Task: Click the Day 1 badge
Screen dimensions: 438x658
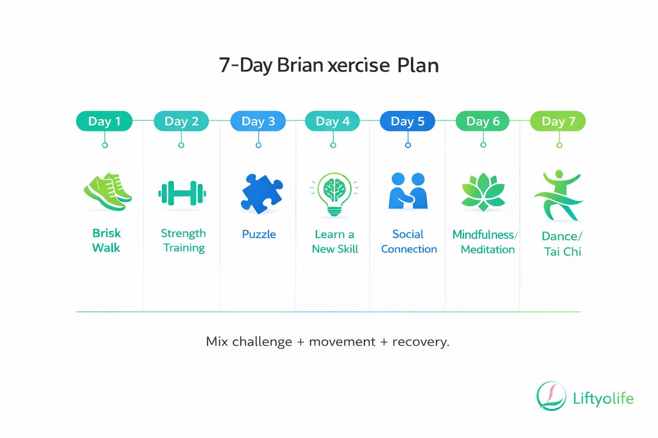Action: (x=104, y=121)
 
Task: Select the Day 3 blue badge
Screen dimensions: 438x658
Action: (x=258, y=121)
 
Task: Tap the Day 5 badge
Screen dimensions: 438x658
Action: (x=407, y=121)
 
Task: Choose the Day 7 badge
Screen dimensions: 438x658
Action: (x=558, y=121)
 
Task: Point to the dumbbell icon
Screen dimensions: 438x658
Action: (x=182, y=194)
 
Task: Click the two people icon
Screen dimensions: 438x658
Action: (x=408, y=191)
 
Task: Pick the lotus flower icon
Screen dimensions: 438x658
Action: (x=483, y=192)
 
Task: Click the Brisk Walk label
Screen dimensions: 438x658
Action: (x=106, y=240)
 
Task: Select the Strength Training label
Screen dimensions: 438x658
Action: (x=183, y=240)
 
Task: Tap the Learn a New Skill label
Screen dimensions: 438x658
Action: (x=335, y=242)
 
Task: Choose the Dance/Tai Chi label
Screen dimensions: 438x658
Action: (x=562, y=244)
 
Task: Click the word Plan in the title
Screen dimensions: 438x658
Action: (x=418, y=66)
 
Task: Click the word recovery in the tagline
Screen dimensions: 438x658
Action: (x=421, y=342)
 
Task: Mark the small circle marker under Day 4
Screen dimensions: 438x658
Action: (x=333, y=145)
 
